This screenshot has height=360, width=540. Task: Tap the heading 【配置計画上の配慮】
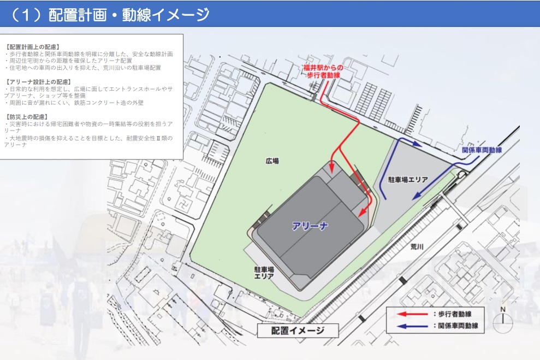(32, 47)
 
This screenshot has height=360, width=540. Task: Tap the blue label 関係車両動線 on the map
(481, 149)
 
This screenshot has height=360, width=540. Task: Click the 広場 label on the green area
(272, 161)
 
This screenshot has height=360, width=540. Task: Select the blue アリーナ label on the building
(310, 226)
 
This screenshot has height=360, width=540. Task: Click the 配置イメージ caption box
(298, 331)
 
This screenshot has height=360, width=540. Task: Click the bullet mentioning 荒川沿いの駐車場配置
(82, 68)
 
